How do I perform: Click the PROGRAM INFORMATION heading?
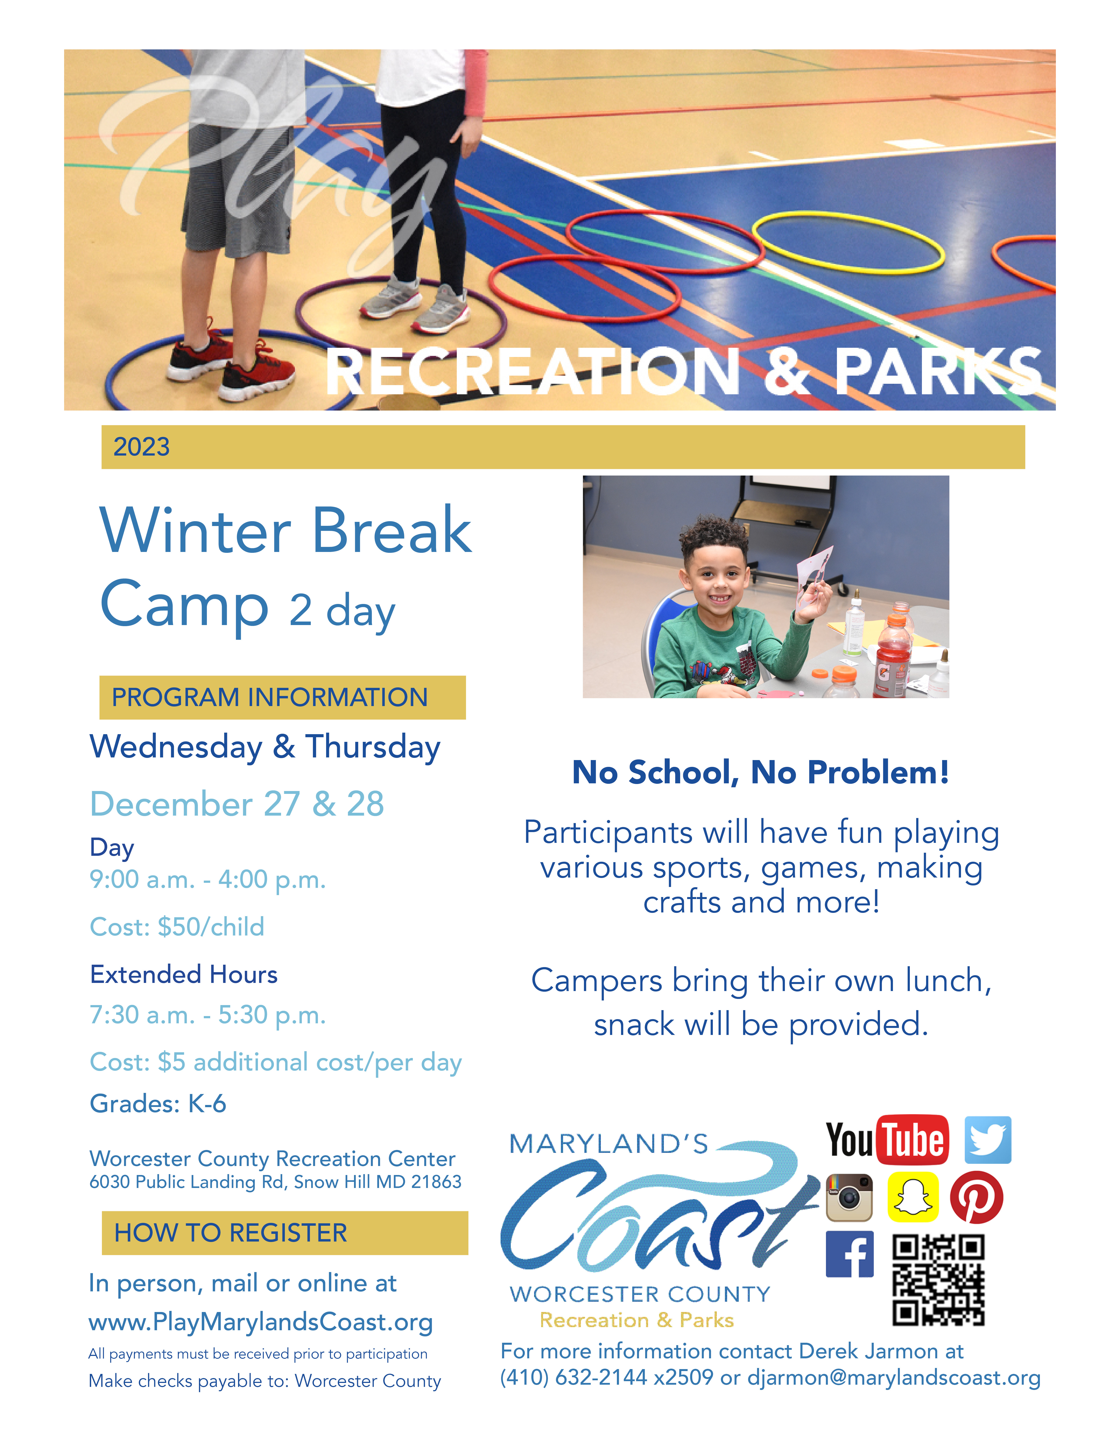(x=269, y=697)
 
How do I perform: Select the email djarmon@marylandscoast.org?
(x=894, y=1377)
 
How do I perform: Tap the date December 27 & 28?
(x=237, y=804)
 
